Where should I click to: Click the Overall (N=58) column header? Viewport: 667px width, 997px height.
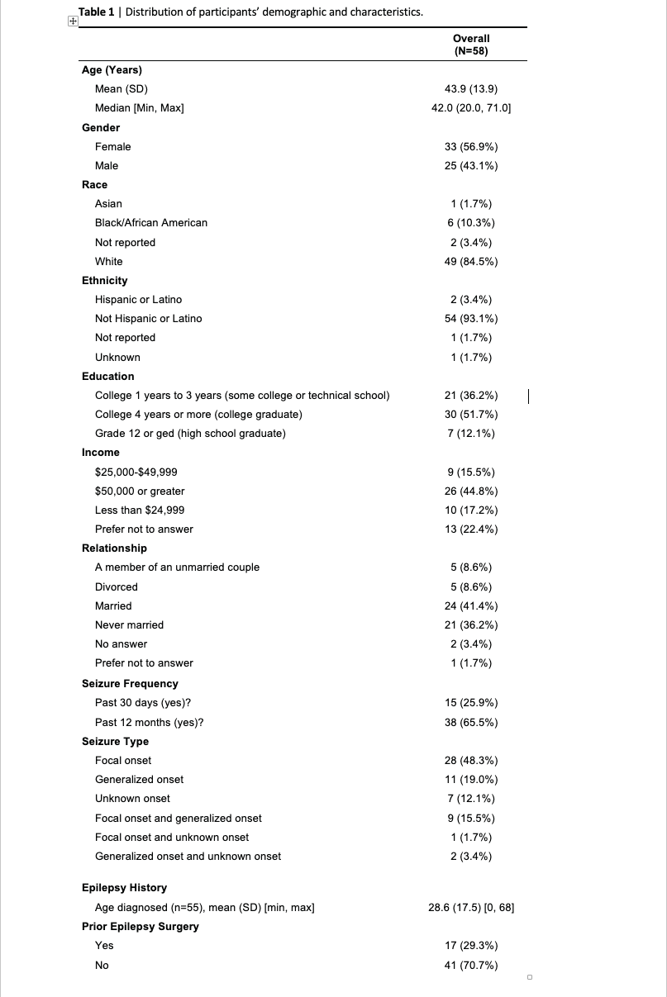pos(471,45)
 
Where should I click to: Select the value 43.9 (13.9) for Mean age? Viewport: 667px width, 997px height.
pos(471,89)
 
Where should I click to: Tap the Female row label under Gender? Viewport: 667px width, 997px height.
pos(113,146)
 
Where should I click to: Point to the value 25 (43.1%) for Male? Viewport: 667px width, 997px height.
pos(471,165)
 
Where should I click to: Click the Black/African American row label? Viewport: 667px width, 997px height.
pos(151,223)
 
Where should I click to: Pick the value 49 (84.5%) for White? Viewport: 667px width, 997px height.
pos(471,261)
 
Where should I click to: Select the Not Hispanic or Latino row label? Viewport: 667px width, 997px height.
pos(149,318)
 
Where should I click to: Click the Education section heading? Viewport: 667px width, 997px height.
pos(108,376)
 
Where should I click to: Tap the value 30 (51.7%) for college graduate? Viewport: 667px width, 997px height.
pos(471,414)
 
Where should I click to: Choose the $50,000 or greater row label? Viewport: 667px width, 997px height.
pos(140,491)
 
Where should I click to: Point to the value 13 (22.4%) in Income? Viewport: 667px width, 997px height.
pos(471,529)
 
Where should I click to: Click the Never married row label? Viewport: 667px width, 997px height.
pos(130,624)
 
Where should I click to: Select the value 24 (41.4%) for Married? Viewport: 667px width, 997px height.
pos(471,605)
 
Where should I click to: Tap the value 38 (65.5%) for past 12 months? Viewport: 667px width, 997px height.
pos(471,722)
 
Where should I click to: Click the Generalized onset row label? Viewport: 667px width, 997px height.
pos(140,779)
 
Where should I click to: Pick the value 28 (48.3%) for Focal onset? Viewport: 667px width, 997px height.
pos(471,760)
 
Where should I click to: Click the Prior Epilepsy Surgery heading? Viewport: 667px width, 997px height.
pos(141,926)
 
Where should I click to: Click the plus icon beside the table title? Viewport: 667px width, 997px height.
pos(74,22)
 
